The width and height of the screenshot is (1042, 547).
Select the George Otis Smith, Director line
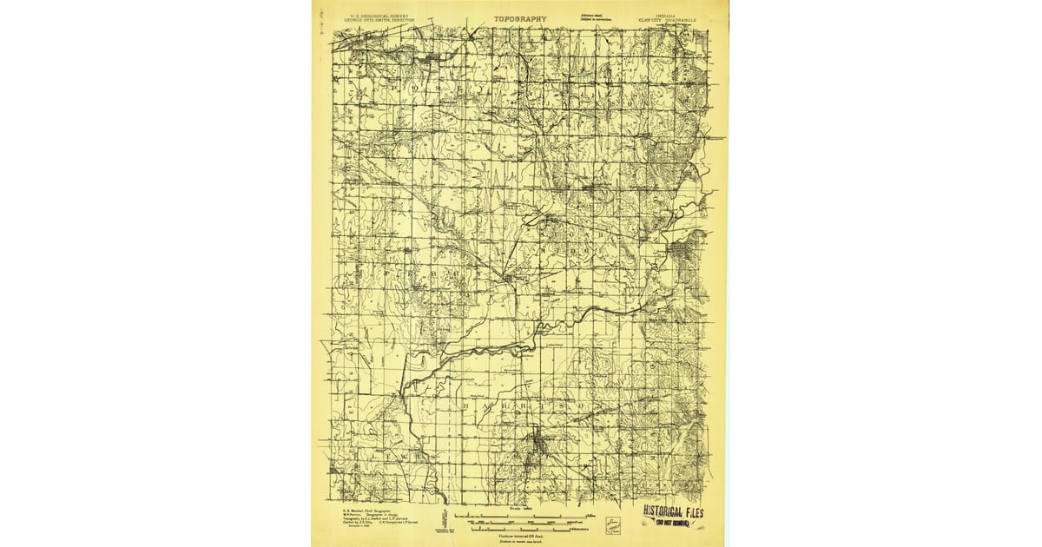click(x=379, y=19)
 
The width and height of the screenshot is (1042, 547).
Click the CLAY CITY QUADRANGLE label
click(x=663, y=19)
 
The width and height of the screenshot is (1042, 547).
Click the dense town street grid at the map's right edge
click(x=695, y=252)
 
